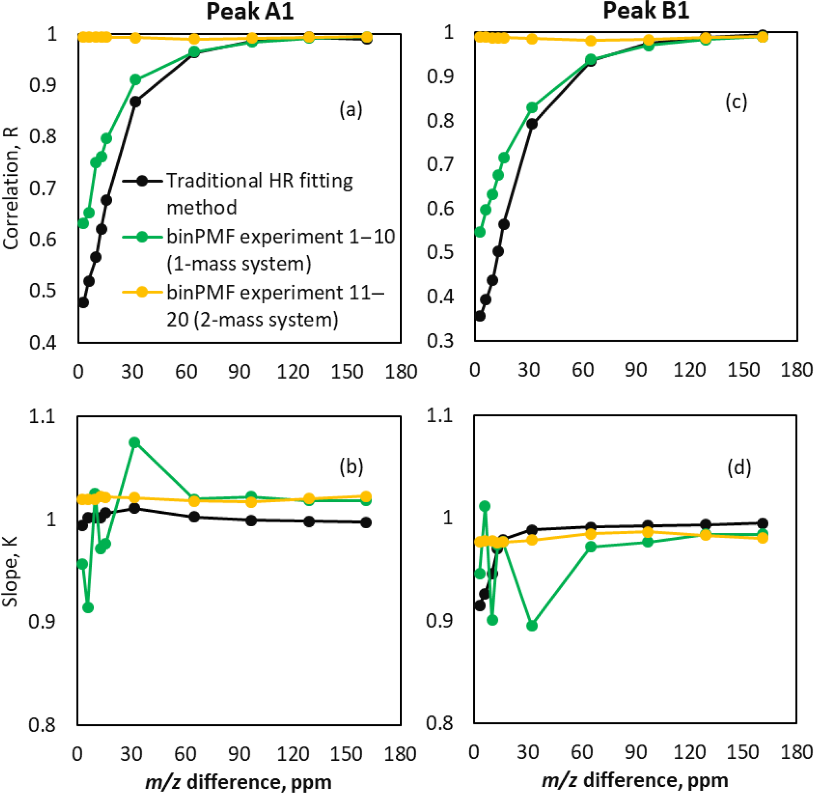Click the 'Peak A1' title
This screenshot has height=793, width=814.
(250, 12)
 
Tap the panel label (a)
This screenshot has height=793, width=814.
(350, 110)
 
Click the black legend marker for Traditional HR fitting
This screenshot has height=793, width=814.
(142, 181)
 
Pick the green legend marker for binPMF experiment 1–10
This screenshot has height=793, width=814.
(142, 237)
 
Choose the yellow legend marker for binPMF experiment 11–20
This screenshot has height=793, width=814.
(142, 292)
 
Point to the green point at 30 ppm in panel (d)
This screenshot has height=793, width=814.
(532, 626)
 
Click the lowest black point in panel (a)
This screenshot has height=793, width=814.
(83, 303)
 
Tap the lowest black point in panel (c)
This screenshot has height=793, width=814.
(480, 316)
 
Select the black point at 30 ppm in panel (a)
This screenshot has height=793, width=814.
(135, 102)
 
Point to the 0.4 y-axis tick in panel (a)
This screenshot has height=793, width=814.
(43, 343)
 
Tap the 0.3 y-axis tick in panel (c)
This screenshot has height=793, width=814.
(440, 341)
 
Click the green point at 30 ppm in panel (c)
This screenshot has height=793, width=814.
(532, 108)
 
